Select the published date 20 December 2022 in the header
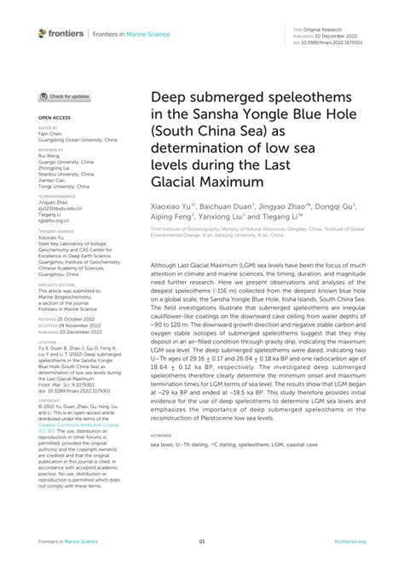[x=339, y=36]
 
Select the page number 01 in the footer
[x=202, y=540]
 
